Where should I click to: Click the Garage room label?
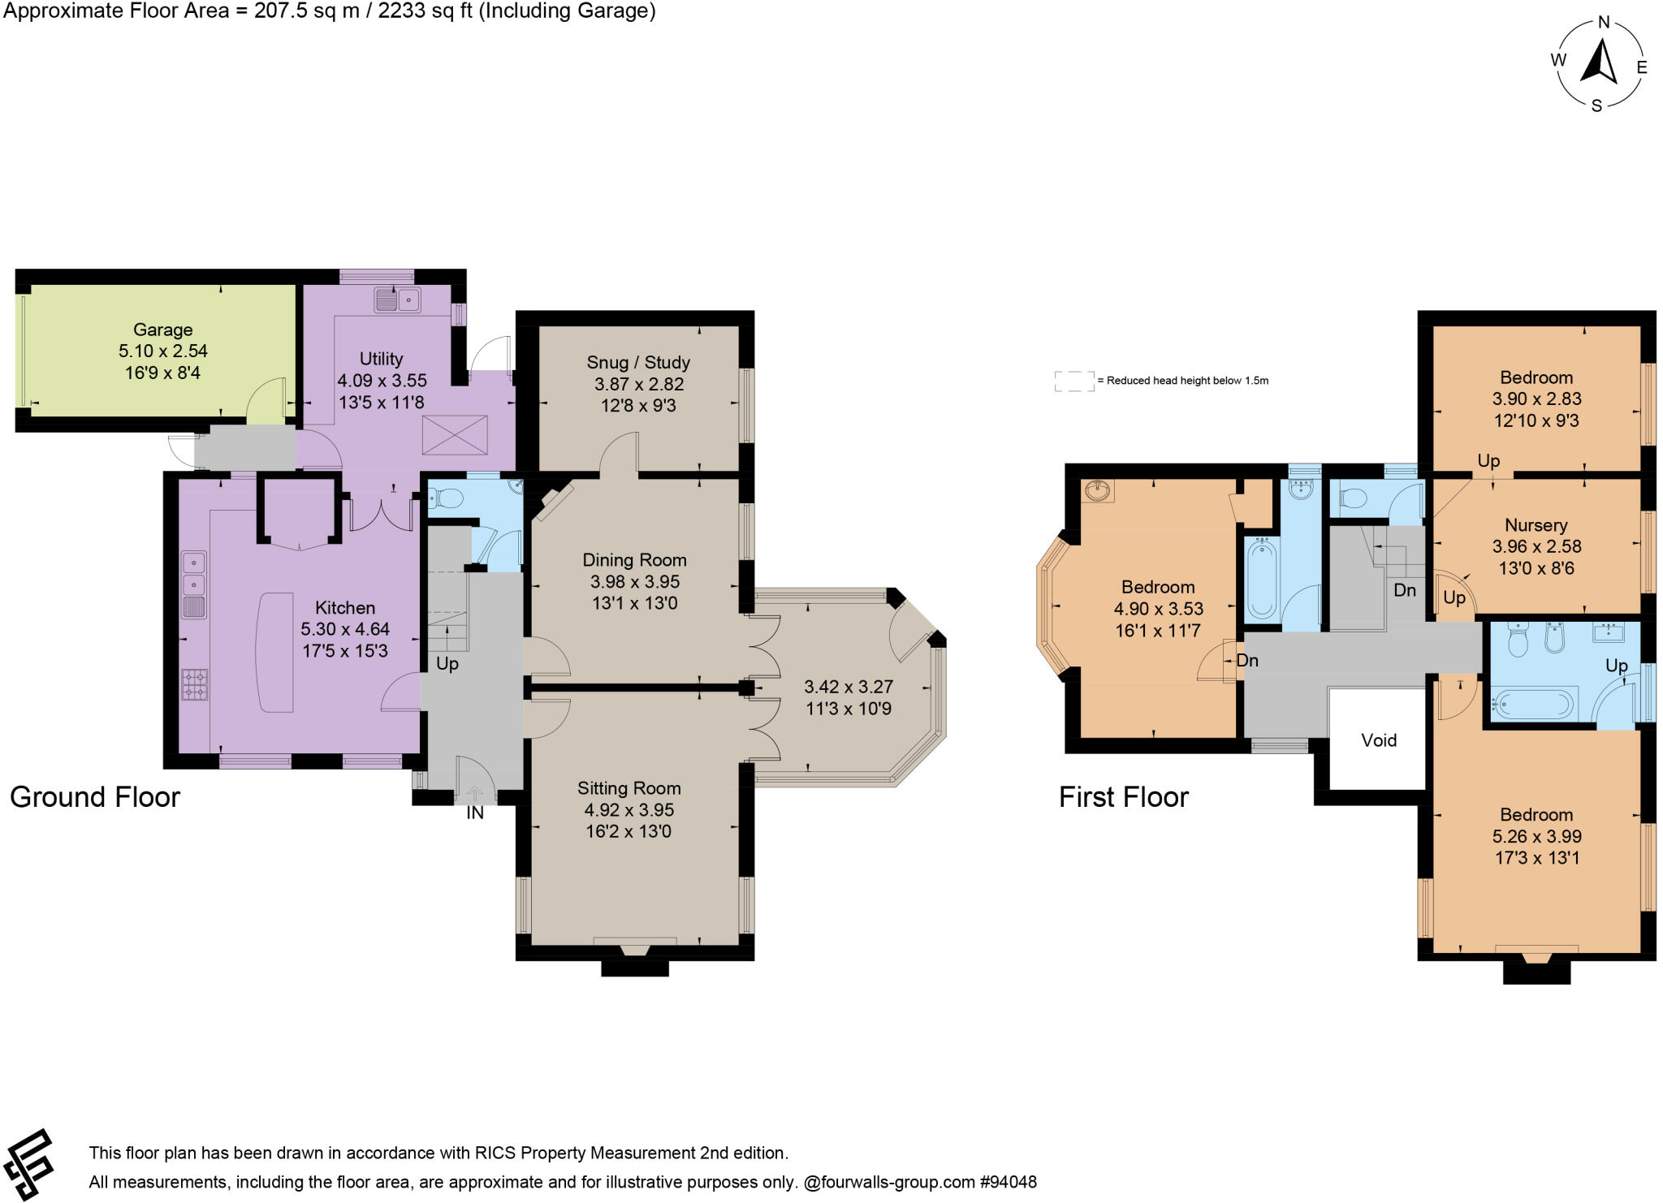[x=162, y=330]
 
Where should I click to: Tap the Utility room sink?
[x=397, y=300]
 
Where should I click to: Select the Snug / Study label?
[x=637, y=362]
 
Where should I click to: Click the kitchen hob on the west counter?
[x=194, y=683]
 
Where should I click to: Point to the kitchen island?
[x=276, y=652]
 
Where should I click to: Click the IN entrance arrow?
[x=475, y=794]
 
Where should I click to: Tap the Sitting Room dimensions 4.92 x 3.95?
[x=628, y=809]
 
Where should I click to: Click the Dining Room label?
[x=634, y=560]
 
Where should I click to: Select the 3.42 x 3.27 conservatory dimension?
[x=848, y=687]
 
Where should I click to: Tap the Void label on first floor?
[x=1379, y=740]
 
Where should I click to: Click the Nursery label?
[x=1536, y=525]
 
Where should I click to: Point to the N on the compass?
[x=1603, y=23]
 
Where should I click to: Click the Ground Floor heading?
[x=94, y=797]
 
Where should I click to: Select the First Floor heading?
[x=1123, y=797]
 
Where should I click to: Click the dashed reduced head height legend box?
[x=1073, y=381]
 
